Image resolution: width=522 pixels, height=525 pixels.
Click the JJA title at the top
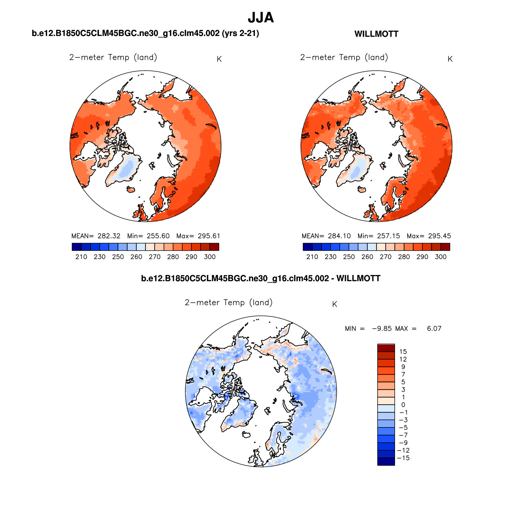pos(261,18)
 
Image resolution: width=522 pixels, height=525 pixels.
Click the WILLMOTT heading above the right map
pos(376,34)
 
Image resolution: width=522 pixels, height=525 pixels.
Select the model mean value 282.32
pos(109,236)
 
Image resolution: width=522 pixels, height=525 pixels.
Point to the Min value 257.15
pos(388,236)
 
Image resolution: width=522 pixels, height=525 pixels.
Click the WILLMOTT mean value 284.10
pos(339,236)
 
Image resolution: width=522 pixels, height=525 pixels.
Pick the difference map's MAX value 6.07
pos(434,329)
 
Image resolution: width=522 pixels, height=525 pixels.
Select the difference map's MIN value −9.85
pos(382,329)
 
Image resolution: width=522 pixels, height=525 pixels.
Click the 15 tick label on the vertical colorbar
pos(403,352)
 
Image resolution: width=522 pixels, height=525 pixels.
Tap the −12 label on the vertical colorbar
pos(403,451)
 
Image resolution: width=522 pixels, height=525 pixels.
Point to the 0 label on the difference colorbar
pos(403,405)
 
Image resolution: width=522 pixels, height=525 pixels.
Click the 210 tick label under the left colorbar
pos(81,257)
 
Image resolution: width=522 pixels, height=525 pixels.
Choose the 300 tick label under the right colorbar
pos(440,257)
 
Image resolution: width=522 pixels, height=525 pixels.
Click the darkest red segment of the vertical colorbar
pos(386,348)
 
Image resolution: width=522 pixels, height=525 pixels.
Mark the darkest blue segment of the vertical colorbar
pos(386,462)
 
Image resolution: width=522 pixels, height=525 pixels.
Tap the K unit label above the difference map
pos(335,304)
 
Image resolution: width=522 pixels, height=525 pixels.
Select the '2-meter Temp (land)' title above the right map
pos(344,58)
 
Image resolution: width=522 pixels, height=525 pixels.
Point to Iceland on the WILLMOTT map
pos(362,190)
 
